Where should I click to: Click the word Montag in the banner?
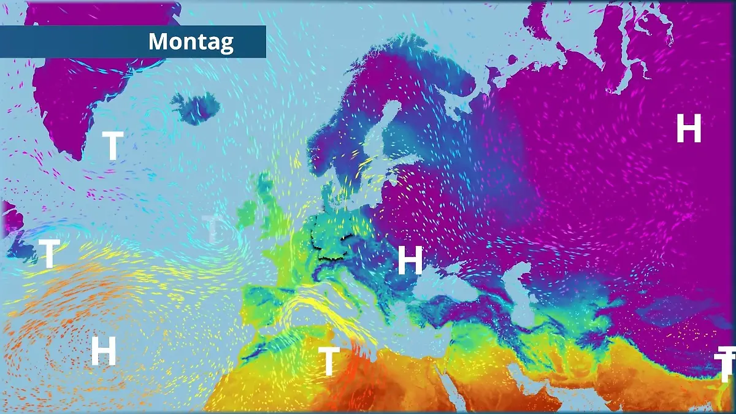tap(191, 42)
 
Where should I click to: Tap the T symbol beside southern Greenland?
tap(112, 145)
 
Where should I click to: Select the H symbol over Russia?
tap(688, 129)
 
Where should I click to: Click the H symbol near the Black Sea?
tap(410, 260)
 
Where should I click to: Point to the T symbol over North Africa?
tap(329, 361)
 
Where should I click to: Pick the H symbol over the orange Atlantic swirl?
tap(104, 351)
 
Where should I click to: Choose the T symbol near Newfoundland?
tap(49, 254)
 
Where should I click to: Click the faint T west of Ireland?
tap(212, 228)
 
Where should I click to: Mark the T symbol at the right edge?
tap(726, 364)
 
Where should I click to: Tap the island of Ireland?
tap(249, 212)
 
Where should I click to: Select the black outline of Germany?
tap(332, 234)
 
